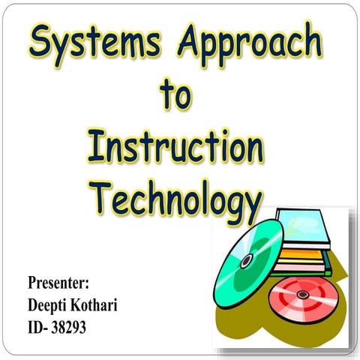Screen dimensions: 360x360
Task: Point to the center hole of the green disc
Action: [x=246, y=260]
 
